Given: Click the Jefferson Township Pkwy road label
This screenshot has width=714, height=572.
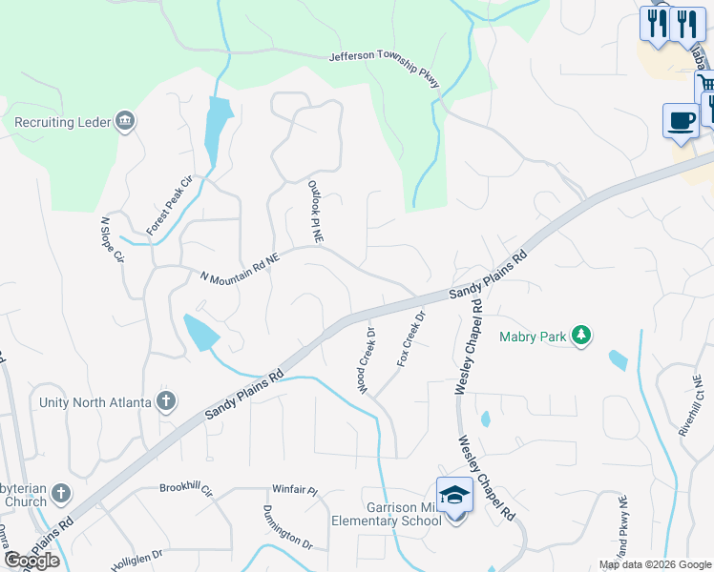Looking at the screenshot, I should click(384, 70).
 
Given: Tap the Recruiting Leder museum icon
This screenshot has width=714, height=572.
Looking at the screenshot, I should click(125, 121).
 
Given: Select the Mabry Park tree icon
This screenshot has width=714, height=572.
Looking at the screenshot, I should click(579, 335).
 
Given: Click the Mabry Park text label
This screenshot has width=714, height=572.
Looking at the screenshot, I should click(531, 336).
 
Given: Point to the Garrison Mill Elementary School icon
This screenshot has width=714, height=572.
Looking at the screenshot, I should click(454, 496).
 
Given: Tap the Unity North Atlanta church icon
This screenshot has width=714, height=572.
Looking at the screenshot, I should click(166, 401).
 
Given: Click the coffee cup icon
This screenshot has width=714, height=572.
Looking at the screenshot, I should click(680, 121).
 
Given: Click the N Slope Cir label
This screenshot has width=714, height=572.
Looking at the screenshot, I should click(113, 239).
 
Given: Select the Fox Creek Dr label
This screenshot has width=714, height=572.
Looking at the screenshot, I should click(409, 339).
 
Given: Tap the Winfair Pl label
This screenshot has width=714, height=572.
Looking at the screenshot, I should click(293, 489).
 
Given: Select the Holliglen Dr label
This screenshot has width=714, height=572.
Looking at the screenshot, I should click(136, 554).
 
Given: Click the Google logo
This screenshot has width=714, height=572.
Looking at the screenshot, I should click(31, 561).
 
